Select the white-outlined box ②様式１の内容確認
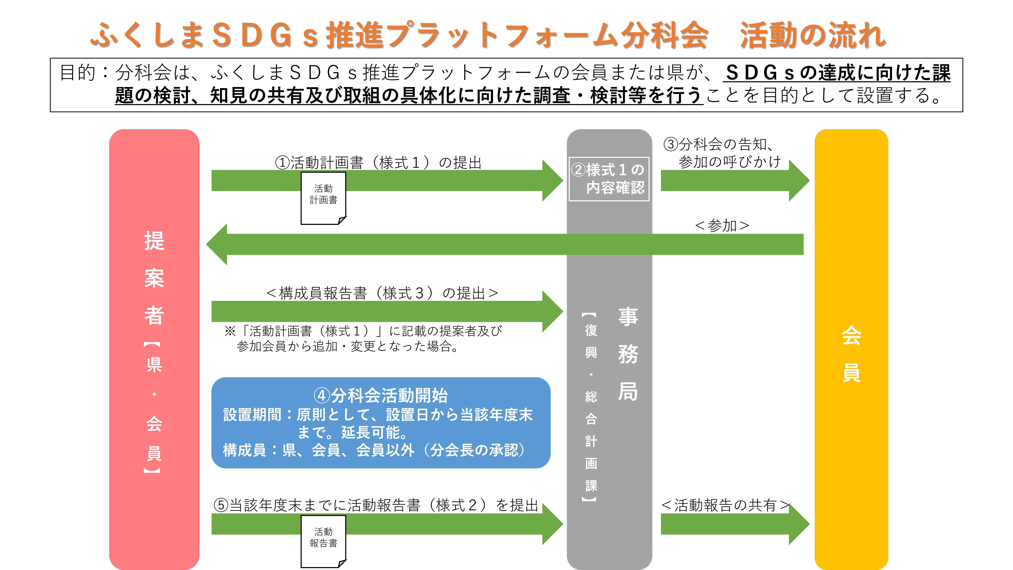pos(609,179)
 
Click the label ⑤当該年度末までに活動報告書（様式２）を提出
pos(375,505)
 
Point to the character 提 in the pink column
pos(154,241)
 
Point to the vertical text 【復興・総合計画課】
pos(591,407)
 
